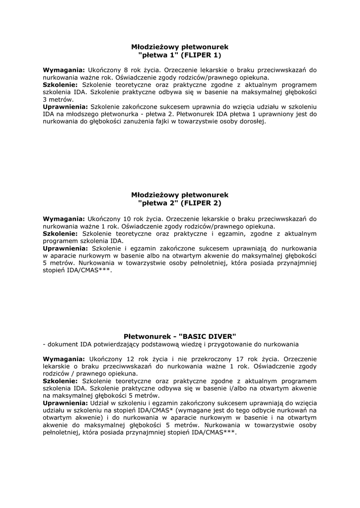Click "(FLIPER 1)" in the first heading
[x=201, y=55]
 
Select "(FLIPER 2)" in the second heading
[x=201, y=203]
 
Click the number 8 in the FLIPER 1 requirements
[x=126, y=70]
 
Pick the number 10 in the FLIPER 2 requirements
[x=127, y=218]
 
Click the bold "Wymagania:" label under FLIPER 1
[x=64, y=70]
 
